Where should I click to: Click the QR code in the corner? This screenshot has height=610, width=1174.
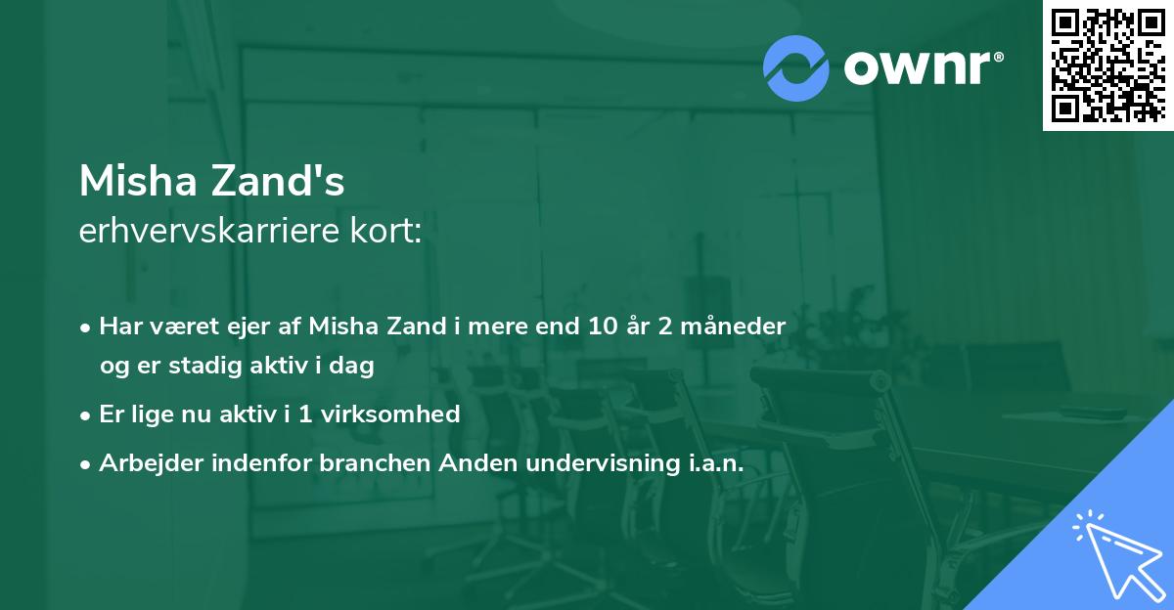pyautogui.click(x=1107, y=65)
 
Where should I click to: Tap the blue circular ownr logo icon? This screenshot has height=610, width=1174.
pyautogui.click(x=796, y=67)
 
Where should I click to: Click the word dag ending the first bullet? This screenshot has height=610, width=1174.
pyautogui.click(x=354, y=367)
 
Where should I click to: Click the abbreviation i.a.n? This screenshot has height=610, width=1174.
pyautogui.click(x=709, y=462)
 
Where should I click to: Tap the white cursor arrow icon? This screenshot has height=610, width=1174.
pyautogui.click(x=1116, y=553)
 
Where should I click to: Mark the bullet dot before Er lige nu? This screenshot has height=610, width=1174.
pyautogui.click(x=87, y=415)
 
